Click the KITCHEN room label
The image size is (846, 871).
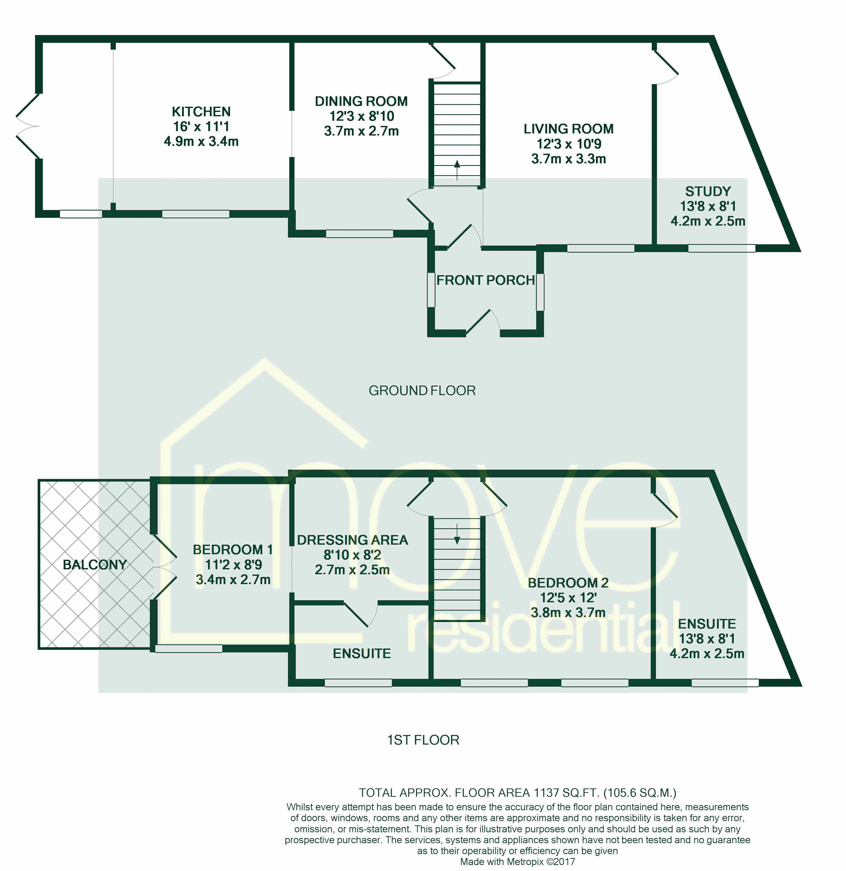click(x=201, y=112)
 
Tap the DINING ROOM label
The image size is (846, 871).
click(x=361, y=101)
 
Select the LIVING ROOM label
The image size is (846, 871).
click(x=569, y=129)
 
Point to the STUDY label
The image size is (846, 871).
click(x=708, y=192)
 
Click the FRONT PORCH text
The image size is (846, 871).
click(x=486, y=280)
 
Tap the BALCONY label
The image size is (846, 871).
click(x=95, y=565)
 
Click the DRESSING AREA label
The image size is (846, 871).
click(x=352, y=540)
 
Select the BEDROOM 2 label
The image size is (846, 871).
click(x=568, y=583)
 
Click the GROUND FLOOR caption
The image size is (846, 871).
click(x=422, y=391)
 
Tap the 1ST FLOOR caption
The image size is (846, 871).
click(x=423, y=740)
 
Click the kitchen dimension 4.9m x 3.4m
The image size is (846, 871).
click(x=201, y=141)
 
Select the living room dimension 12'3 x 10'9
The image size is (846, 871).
click(x=569, y=144)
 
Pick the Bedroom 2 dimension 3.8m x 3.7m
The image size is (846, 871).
click(x=568, y=612)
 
